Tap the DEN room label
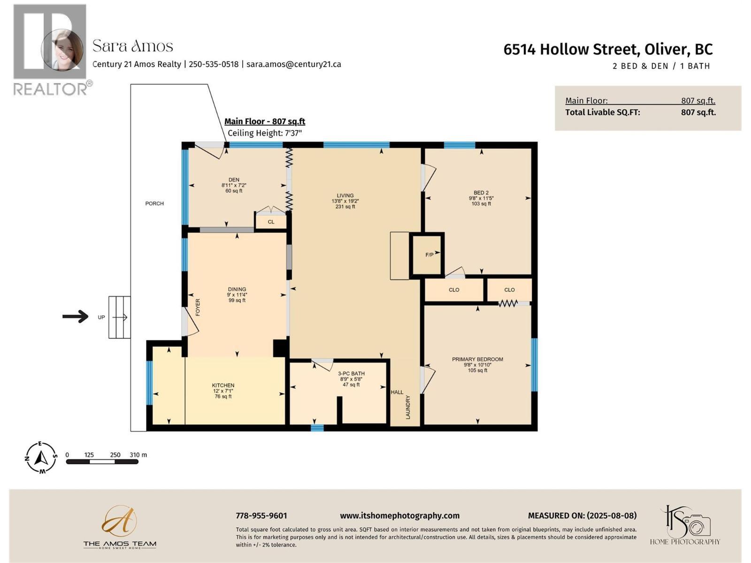[234, 180]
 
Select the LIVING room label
[345, 196]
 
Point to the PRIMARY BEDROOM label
[477, 359]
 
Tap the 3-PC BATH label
[351, 374]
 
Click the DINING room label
[237, 289]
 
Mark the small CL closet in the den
[271, 222]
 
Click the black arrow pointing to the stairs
[76, 317]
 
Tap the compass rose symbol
[41, 457]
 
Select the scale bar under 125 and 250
[102, 462]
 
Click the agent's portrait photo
[62, 50]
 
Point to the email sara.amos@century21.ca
[294, 64]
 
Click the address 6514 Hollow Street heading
[608, 49]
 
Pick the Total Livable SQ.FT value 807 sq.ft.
[698, 112]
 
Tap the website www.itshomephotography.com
[399, 516]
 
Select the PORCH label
[154, 204]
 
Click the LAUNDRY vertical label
[408, 407]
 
